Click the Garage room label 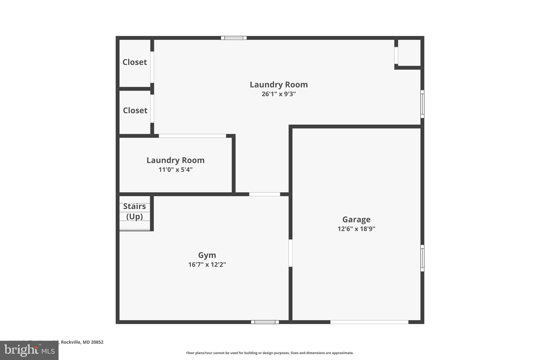(356, 219)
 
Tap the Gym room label (207, 255)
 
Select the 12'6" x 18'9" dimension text (356, 229)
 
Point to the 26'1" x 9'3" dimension (278, 94)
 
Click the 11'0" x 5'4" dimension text (175, 170)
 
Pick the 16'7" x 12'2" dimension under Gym (207, 265)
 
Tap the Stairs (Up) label (134, 211)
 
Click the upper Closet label (135, 62)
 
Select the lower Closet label (135, 111)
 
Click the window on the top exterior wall (234, 38)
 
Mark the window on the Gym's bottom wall (265, 322)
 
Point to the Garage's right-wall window (422, 258)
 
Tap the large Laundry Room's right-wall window (422, 104)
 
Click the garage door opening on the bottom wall (369, 322)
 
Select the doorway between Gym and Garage (290, 253)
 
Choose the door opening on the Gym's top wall (264, 194)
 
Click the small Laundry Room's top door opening (192, 136)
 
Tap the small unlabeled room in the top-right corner (409, 53)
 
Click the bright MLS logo (29, 350)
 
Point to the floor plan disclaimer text (270, 353)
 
